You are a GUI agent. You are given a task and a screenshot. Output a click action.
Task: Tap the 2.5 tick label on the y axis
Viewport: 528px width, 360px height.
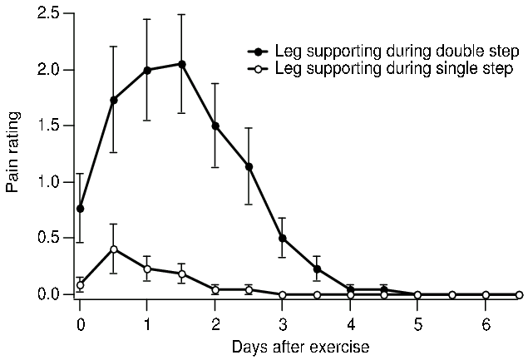48,14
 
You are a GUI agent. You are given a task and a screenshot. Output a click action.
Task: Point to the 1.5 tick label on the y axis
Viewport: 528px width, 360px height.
48,126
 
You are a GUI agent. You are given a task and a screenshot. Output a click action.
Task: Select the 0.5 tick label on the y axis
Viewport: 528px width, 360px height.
48,239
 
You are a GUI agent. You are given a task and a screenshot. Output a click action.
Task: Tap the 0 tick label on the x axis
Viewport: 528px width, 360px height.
80,323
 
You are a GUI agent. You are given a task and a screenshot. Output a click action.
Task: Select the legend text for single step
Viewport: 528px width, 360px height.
388,66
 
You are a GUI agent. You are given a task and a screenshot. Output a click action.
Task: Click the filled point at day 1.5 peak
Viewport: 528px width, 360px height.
181,64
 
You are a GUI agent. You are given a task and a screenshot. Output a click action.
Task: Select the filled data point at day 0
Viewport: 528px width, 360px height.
80,209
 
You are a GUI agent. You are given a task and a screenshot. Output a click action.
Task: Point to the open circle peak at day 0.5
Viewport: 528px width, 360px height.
113,249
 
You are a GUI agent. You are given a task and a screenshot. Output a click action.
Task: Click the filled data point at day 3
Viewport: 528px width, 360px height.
283,238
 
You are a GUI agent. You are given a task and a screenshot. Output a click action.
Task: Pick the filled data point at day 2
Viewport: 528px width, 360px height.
215,126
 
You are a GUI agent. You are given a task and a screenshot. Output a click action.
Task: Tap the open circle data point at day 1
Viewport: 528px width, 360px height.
147,269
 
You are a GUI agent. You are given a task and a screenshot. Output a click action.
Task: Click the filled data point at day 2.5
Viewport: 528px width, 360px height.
249,166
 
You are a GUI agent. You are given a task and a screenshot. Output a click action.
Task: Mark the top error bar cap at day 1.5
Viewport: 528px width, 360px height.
181,14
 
